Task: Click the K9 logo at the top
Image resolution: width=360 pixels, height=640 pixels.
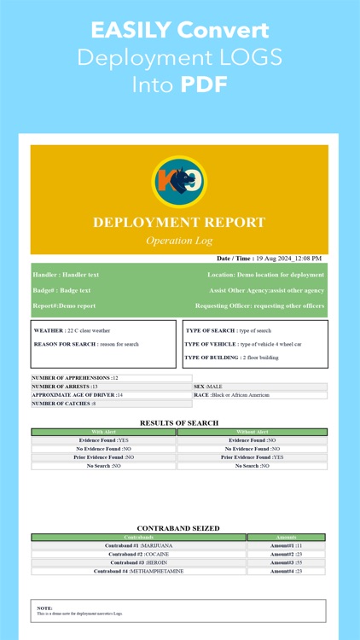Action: pyautogui.click(x=179, y=182)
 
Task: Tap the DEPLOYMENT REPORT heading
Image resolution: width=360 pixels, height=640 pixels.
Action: pyautogui.click(x=179, y=222)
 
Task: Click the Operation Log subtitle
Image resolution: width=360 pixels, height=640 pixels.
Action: pyautogui.click(x=179, y=241)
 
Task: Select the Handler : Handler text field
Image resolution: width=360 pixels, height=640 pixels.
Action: pyautogui.click(x=66, y=275)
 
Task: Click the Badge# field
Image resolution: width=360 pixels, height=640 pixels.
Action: pyautogui.click(x=61, y=290)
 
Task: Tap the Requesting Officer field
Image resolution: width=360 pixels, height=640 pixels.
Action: pyautogui.click(x=259, y=305)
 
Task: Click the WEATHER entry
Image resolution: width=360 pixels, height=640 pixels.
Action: pyautogui.click(x=72, y=330)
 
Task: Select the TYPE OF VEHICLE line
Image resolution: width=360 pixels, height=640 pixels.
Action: pyautogui.click(x=243, y=344)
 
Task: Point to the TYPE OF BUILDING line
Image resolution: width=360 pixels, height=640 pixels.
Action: pyautogui.click(x=233, y=358)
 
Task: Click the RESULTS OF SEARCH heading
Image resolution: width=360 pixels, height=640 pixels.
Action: pyautogui.click(x=179, y=422)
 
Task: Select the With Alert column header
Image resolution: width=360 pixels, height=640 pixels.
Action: pyautogui.click(x=103, y=432)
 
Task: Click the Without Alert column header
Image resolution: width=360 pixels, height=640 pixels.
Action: pyautogui.click(x=252, y=432)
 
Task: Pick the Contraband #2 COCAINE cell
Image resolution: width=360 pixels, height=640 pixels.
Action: pyautogui.click(x=137, y=554)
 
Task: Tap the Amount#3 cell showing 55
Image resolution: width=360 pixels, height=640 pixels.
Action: pyautogui.click(x=286, y=562)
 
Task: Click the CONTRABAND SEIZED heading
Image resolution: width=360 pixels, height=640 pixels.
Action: pyautogui.click(x=179, y=528)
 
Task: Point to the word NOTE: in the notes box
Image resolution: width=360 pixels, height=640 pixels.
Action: pyautogui.click(x=44, y=608)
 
